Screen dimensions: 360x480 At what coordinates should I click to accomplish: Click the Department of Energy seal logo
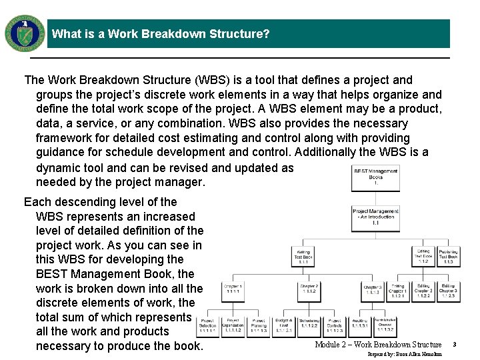[25, 33]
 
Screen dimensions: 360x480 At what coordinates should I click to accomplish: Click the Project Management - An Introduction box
[375, 218]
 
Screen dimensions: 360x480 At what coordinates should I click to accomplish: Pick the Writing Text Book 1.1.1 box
[303, 257]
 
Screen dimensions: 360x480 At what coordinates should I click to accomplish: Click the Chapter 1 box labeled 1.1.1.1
[233, 289]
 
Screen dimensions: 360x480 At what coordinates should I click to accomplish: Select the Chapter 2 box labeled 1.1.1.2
[309, 289]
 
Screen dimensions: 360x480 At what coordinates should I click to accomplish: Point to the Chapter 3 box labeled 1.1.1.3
[373, 289]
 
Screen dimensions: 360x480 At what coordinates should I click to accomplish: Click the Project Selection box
[208, 325]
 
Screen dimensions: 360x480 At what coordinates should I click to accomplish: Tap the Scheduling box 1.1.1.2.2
[309, 325]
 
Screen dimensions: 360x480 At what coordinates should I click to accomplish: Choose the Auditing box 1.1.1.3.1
[360, 325]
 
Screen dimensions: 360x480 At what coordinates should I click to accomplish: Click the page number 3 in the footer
[454, 345]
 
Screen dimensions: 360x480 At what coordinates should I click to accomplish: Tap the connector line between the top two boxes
[375, 199]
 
